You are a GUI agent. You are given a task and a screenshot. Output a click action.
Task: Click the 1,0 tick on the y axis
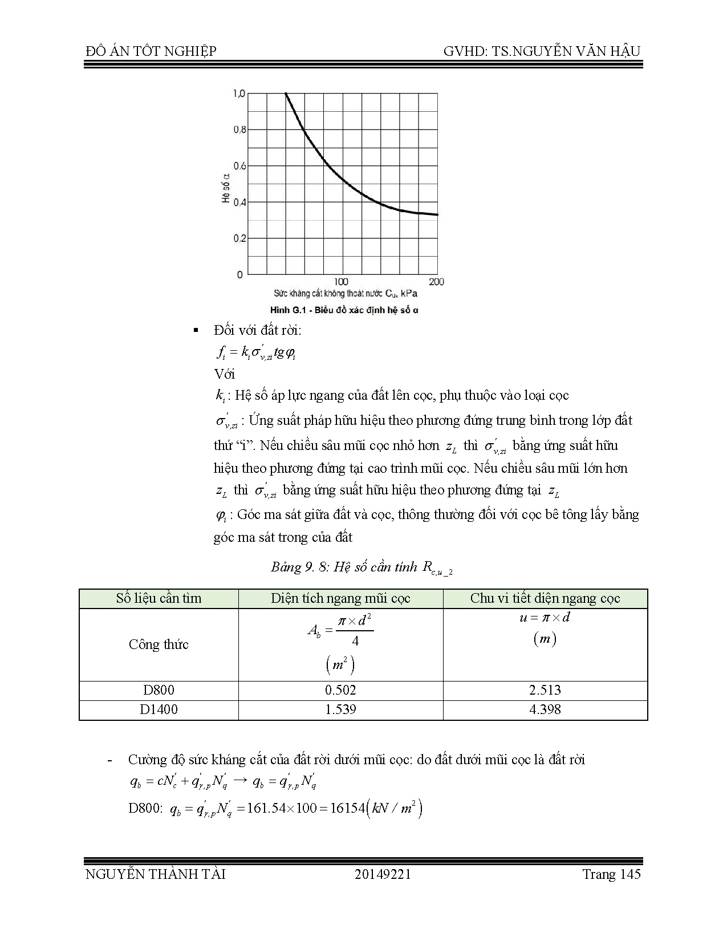(239, 93)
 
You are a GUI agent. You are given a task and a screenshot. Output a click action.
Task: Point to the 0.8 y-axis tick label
(239, 129)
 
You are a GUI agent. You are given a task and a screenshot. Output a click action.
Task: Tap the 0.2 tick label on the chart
(239, 238)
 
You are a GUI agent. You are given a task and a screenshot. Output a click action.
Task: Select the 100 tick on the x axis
(340, 282)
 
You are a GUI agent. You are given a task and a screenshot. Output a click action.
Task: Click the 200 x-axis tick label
(436, 282)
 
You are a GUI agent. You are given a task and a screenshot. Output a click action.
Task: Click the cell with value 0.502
(340, 690)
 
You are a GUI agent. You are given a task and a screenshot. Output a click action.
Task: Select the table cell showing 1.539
(340, 709)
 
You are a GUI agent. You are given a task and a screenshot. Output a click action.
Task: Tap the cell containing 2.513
(545, 690)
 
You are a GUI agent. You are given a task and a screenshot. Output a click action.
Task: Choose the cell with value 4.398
(545, 709)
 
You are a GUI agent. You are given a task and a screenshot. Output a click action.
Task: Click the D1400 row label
(159, 709)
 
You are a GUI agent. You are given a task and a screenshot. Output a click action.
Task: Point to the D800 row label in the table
(159, 690)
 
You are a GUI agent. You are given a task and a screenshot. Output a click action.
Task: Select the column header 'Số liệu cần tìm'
(159, 598)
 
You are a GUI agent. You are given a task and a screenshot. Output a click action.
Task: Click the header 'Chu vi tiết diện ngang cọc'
(545, 598)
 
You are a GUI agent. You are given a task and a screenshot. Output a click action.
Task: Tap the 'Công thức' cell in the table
(159, 644)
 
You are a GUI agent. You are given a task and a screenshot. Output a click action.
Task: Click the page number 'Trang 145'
(611, 874)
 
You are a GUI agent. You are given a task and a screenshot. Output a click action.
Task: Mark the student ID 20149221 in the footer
(383, 874)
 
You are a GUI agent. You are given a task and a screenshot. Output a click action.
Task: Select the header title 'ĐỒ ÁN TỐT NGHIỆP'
(151, 51)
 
